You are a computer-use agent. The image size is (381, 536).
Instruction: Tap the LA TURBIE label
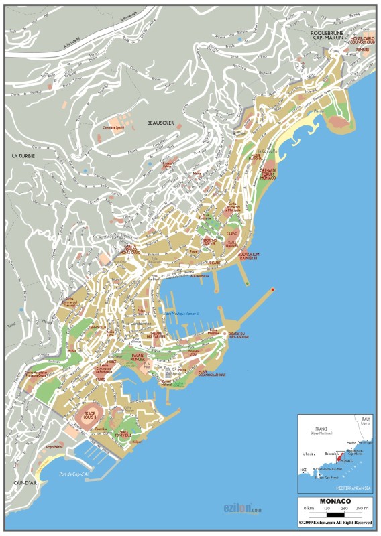[x=23, y=155]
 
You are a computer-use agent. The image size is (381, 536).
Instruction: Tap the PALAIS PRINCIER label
[x=138, y=357]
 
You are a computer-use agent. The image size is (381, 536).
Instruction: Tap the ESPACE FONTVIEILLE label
[x=123, y=433]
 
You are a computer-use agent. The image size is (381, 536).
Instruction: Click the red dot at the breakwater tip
[x=272, y=289]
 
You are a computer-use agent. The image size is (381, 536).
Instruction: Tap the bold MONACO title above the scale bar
[x=335, y=500]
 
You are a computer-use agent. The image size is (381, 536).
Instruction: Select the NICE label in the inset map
[x=304, y=470]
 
